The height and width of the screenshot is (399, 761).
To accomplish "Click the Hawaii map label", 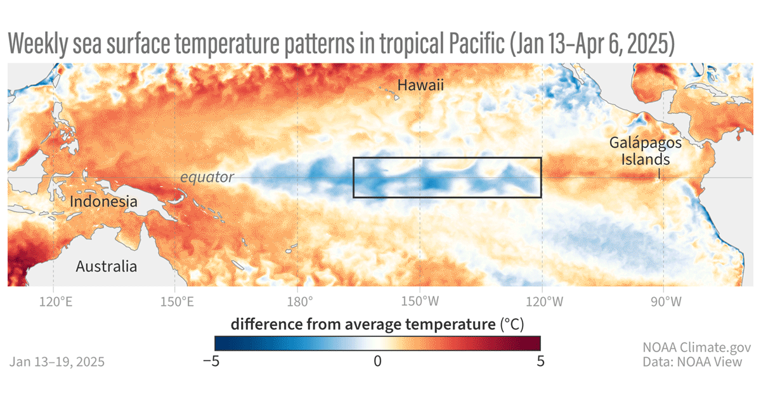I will point(419,85).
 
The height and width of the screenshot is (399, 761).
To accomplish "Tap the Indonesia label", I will point(103,202).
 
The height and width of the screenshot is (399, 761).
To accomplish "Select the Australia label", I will point(106,266).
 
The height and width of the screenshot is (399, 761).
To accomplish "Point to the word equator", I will point(207,177).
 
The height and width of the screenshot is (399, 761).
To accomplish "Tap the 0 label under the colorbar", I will point(377,362).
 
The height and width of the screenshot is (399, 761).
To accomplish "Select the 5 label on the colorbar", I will point(540,362).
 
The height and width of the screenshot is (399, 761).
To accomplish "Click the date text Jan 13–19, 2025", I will point(57,362).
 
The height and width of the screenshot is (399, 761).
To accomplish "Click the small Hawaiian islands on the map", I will point(389,95).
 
